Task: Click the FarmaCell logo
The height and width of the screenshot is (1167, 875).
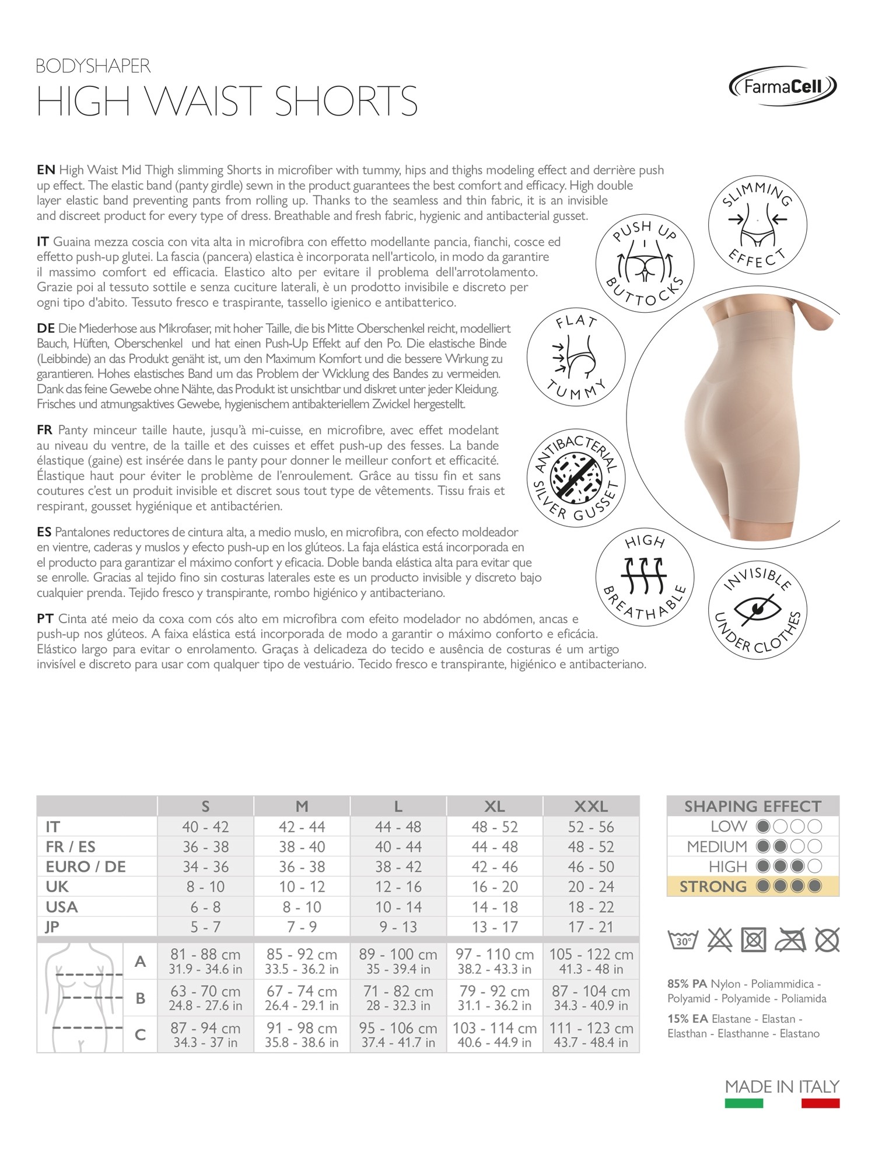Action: click(x=782, y=86)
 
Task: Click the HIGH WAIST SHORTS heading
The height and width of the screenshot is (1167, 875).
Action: click(x=227, y=102)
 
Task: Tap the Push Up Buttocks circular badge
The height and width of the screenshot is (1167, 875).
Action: click(x=645, y=264)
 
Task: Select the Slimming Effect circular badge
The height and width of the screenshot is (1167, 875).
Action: click(x=757, y=223)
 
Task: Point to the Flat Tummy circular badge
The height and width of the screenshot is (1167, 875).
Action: click(x=576, y=357)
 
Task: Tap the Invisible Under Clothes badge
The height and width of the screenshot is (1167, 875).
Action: click(x=757, y=611)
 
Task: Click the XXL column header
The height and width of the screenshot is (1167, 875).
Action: click(x=591, y=806)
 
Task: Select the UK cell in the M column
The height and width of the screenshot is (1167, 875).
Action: click(x=302, y=887)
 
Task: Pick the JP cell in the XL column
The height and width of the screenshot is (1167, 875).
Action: click(x=495, y=927)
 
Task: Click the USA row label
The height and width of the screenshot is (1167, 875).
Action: click(x=62, y=907)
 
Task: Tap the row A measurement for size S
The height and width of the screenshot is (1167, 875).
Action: click(x=205, y=961)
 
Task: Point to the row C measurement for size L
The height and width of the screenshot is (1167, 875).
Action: click(x=398, y=1035)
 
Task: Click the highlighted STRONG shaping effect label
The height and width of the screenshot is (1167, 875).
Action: click(x=713, y=887)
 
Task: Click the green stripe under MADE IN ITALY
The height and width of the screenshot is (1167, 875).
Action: click(x=744, y=1103)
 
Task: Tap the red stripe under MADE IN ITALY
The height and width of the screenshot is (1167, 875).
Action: click(x=820, y=1103)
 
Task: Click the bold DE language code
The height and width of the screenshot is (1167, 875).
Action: click(x=45, y=329)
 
